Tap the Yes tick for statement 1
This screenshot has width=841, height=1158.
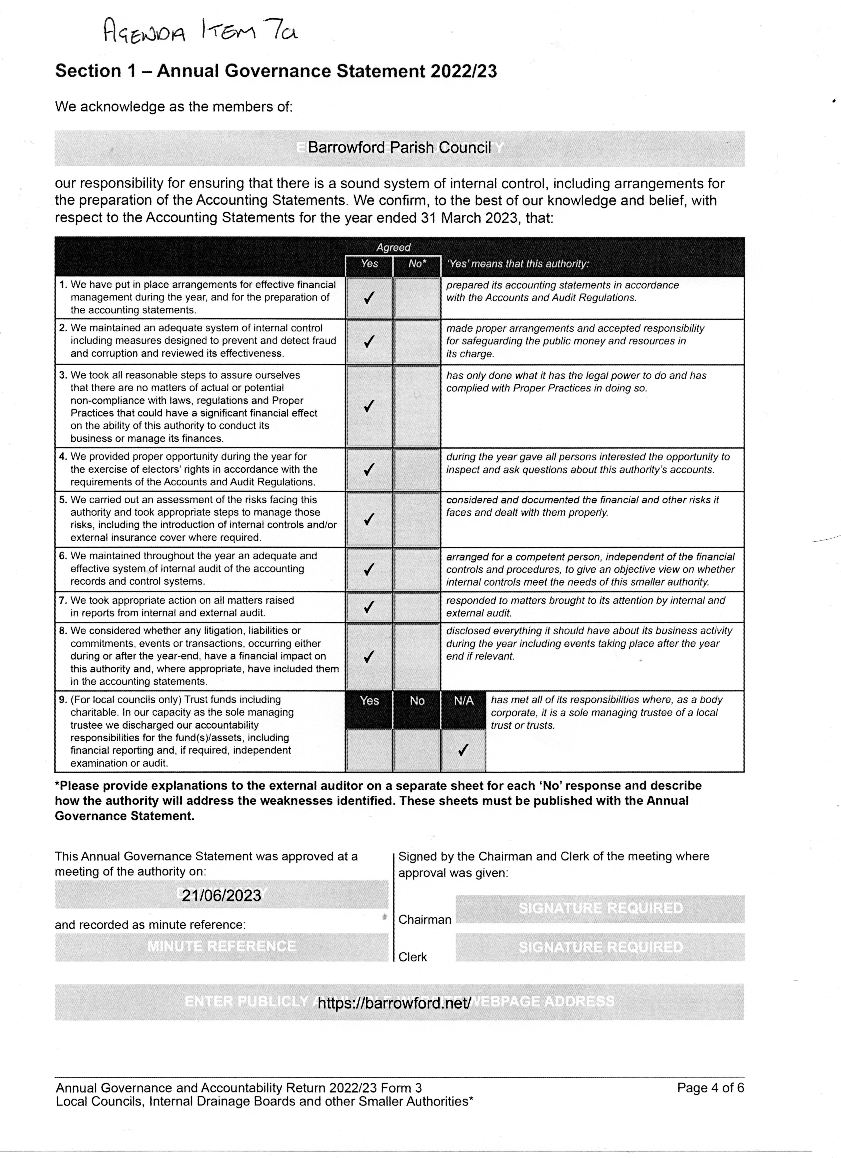tap(369, 298)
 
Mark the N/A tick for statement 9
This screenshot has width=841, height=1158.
tap(463, 750)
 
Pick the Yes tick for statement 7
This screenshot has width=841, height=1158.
tap(369, 607)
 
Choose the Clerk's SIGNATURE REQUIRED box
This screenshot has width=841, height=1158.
tap(600, 947)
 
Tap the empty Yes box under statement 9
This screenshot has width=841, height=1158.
tap(369, 750)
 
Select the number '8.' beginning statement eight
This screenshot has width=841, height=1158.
tap(63, 631)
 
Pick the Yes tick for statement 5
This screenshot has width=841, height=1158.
tap(369, 519)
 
